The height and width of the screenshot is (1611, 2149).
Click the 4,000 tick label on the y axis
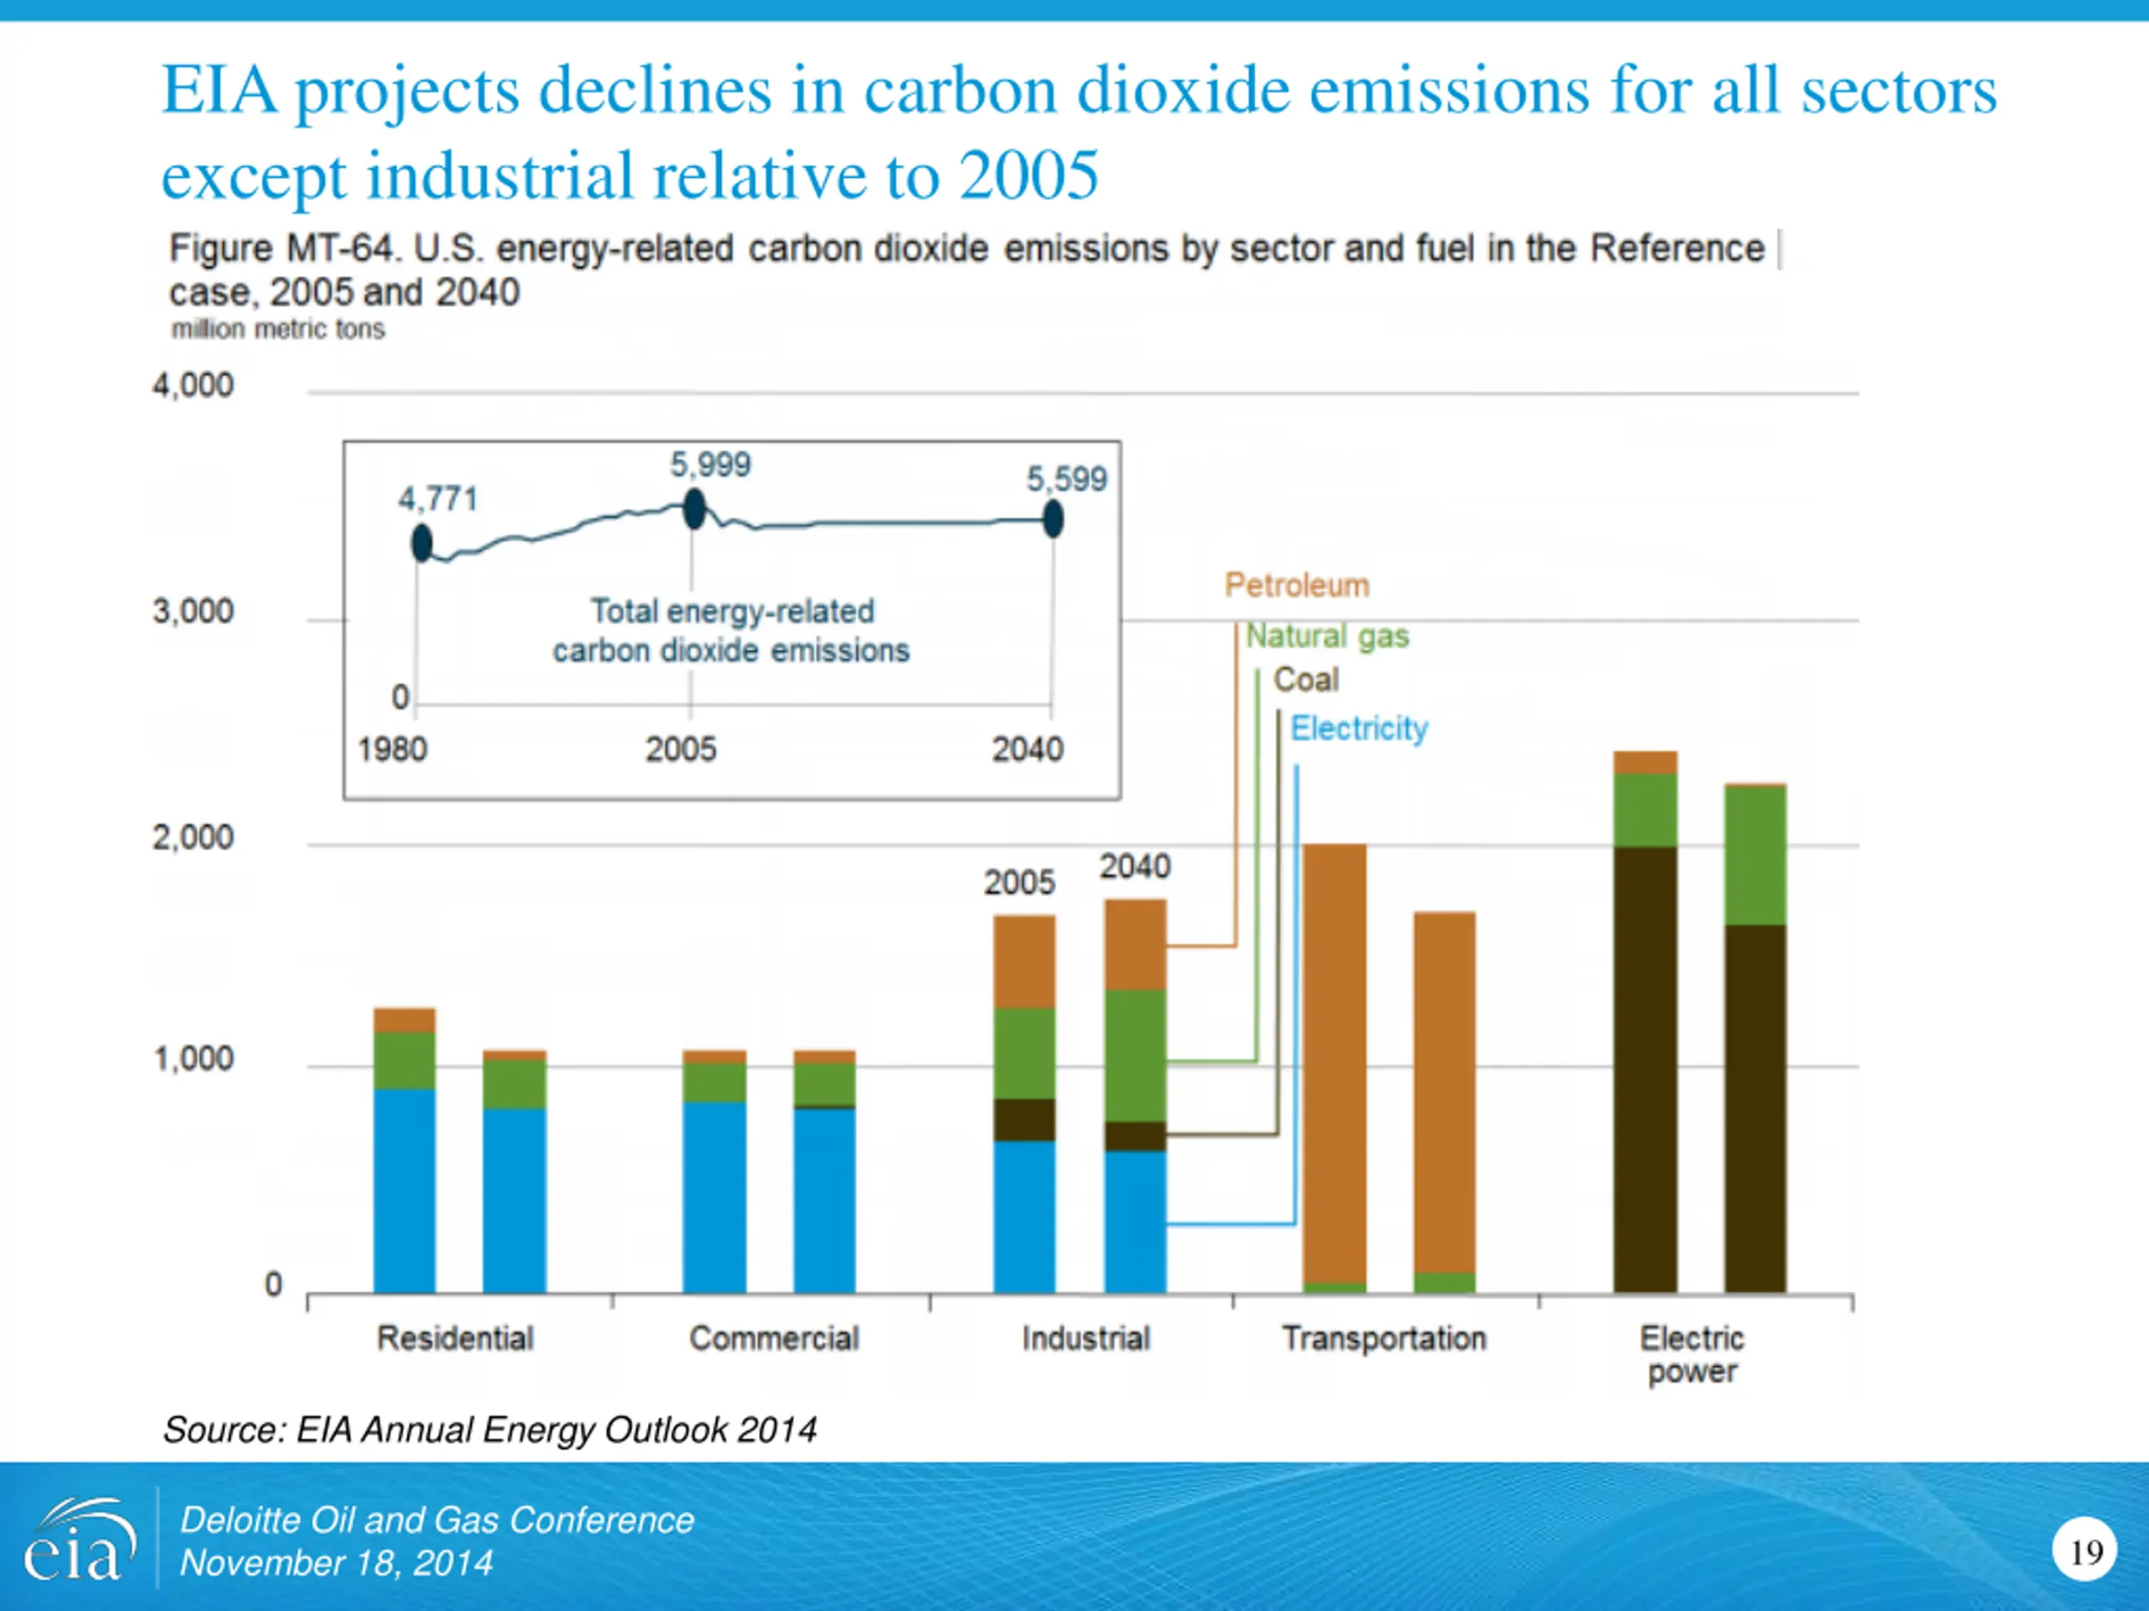coord(192,385)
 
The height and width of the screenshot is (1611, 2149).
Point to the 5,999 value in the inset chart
coord(710,464)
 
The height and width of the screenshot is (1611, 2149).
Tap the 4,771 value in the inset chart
coord(438,499)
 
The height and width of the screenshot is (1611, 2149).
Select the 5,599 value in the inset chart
coord(1067,479)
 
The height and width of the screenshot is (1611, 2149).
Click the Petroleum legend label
coord(1297,586)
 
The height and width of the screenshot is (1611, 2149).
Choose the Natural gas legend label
coord(1327,636)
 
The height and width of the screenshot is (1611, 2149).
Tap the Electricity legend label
coord(1359,728)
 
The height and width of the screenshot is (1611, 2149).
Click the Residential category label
coord(455,1338)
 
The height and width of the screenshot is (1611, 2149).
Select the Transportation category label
coord(1383,1338)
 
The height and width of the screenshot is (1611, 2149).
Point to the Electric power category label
coord(1691,1354)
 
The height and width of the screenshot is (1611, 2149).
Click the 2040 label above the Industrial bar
coord(1135,866)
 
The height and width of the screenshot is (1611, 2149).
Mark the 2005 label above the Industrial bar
coord(1019,883)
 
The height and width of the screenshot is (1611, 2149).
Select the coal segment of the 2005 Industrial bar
coord(1024,1119)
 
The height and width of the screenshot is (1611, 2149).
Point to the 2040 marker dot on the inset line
coord(1054,519)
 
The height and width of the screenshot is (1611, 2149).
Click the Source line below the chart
coord(489,1430)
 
